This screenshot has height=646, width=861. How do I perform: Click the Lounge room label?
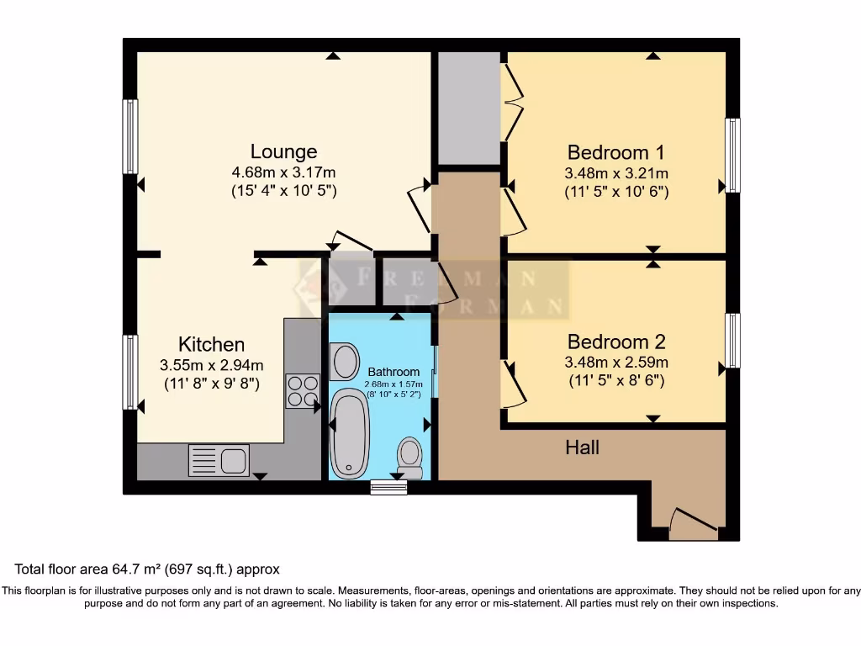click(x=283, y=151)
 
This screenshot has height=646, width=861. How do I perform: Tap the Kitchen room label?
click(x=211, y=344)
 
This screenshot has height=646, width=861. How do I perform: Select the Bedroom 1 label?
click(x=615, y=152)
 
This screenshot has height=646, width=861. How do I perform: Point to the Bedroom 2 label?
click(x=615, y=342)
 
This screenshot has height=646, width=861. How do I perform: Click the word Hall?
click(x=582, y=447)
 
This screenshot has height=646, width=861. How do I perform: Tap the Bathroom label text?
click(x=393, y=372)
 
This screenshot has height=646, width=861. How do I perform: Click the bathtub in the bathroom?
click(x=348, y=433)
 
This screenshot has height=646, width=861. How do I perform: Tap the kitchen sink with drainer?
click(x=219, y=460)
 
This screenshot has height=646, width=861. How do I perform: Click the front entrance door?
click(x=694, y=523)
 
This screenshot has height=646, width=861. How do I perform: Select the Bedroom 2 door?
click(x=513, y=384)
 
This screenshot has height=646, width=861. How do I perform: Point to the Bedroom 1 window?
click(x=732, y=156)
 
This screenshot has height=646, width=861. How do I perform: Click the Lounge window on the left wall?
click(x=130, y=136)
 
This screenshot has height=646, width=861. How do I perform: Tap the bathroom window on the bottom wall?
click(x=388, y=487)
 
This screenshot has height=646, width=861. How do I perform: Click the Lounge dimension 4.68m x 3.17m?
click(x=283, y=172)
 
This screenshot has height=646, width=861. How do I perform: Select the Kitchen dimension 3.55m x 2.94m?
click(x=211, y=365)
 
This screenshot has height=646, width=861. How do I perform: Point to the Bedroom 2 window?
click(x=732, y=341)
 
